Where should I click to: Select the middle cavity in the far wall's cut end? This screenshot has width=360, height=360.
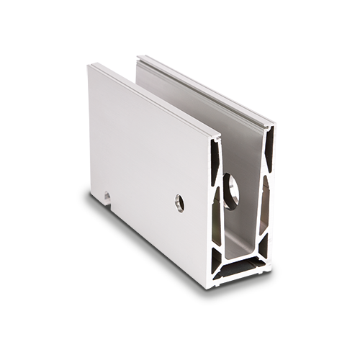[268, 209]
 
